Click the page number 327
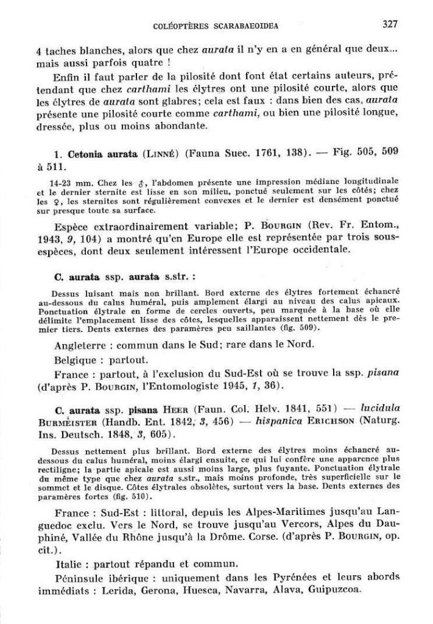390,25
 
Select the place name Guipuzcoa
334,590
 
